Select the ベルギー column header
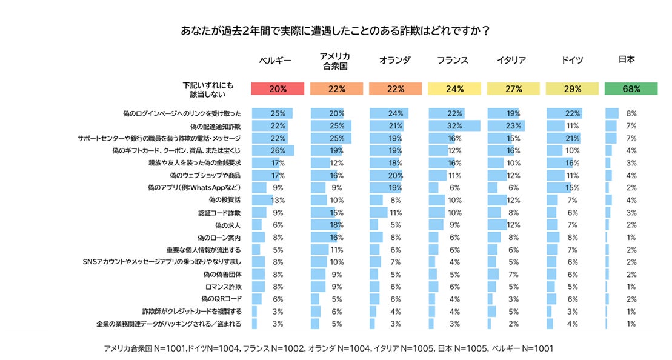pyautogui.click(x=275, y=60)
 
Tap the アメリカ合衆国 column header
pyautogui.click(x=334, y=60)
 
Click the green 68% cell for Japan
pyautogui.click(x=631, y=88)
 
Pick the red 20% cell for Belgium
pyautogui.click(x=278, y=88)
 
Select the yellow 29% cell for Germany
pyautogui.click(x=571, y=88)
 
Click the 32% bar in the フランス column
pyautogui.click(x=454, y=126)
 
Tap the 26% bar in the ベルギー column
pyautogui.click(x=273, y=150)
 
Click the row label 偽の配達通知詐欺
pyautogui.click(x=215, y=126)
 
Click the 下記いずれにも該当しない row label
pyautogui.click(x=208, y=89)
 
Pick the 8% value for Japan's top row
pyautogui.click(x=631, y=113)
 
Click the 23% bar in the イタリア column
pyautogui.click(x=506, y=126)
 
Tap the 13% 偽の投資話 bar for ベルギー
pyautogui.click(x=262, y=200)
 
